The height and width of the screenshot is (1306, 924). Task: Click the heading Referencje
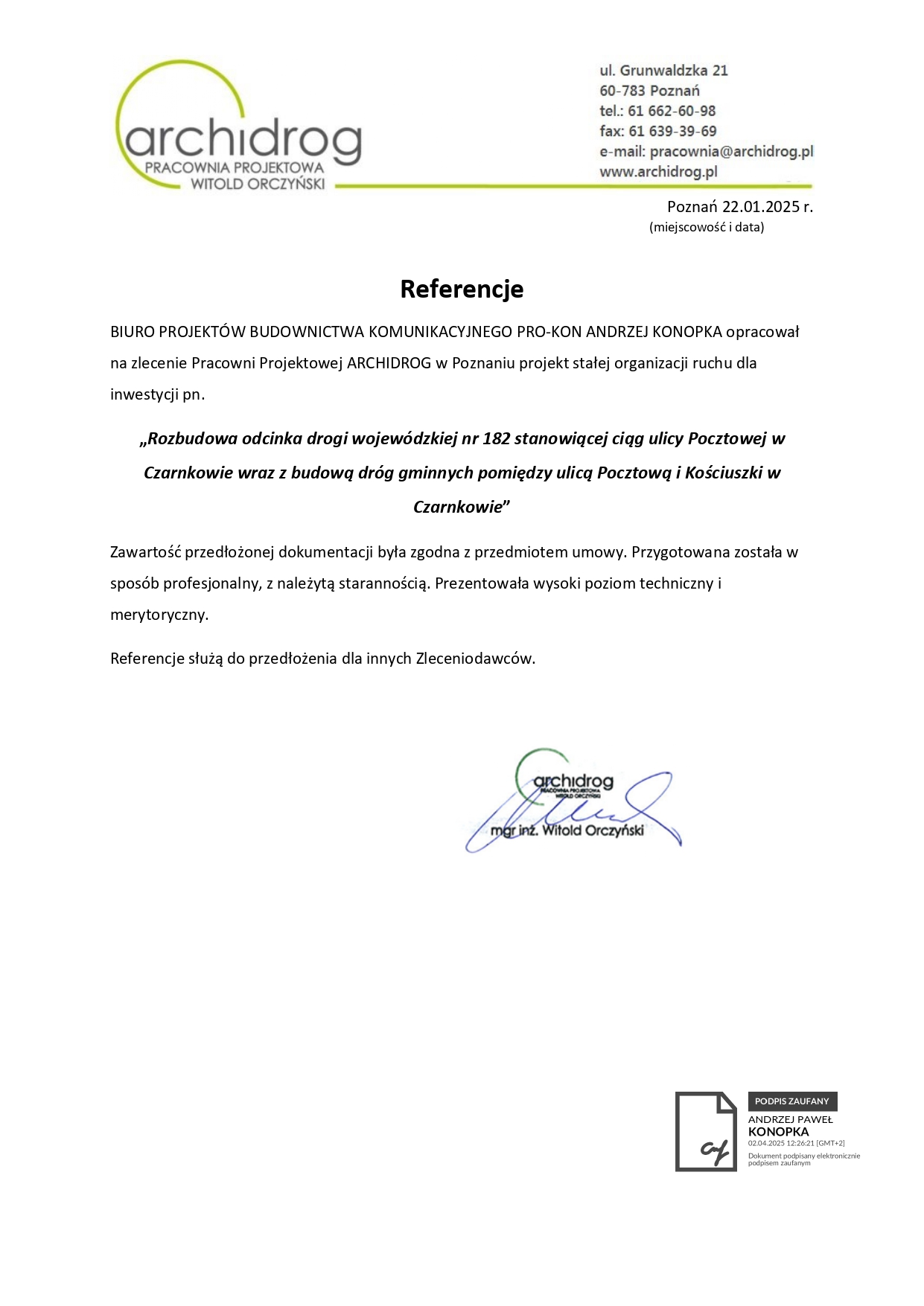click(x=462, y=289)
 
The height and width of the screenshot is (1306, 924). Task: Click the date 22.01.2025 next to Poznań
click(x=760, y=207)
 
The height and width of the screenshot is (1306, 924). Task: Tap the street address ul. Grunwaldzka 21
click(x=663, y=71)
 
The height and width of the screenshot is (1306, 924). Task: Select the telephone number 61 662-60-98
click(x=672, y=111)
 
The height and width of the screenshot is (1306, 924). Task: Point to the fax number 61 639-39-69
click(x=672, y=131)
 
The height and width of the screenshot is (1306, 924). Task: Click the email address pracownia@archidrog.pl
click(x=731, y=152)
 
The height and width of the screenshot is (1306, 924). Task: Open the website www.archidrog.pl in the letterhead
click(x=658, y=172)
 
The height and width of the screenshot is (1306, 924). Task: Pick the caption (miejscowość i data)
click(x=707, y=227)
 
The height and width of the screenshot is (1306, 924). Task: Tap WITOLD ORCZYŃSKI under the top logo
click(x=258, y=184)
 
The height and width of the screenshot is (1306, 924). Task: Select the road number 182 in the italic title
click(x=496, y=438)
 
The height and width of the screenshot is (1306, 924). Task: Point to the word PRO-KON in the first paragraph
click(x=549, y=332)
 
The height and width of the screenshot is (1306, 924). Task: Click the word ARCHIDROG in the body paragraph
click(x=389, y=363)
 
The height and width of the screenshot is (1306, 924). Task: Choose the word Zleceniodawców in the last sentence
click(x=475, y=659)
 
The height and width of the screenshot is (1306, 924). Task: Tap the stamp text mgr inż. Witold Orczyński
click(x=567, y=830)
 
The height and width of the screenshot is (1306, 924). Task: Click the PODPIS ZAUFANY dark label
click(x=792, y=1101)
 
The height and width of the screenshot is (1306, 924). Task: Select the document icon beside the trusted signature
click(x=706, y=1131)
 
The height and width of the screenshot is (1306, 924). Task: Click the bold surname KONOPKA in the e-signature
click(x=778, y=1132)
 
